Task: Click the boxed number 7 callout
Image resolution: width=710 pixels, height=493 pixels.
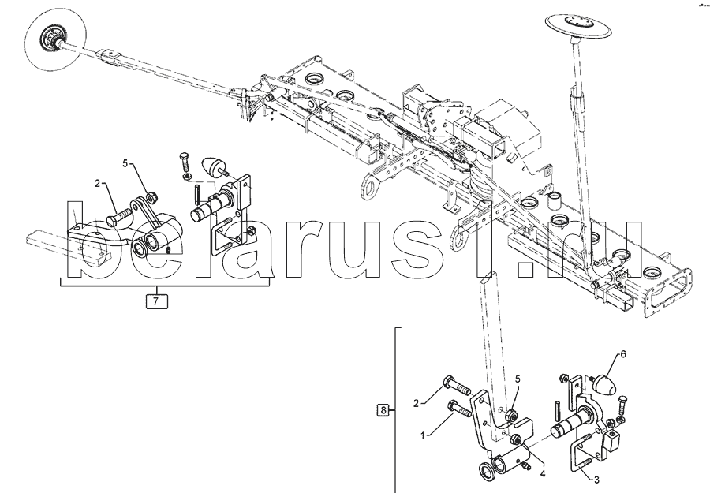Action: coord(156,301)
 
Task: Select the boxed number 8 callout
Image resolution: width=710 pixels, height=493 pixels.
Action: coord(383,410)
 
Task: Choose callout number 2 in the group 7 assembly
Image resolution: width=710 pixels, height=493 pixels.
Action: coord(98,184)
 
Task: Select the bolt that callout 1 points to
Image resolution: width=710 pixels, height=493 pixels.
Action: coord(460,413)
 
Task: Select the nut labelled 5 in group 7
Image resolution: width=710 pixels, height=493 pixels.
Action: coord(151,196)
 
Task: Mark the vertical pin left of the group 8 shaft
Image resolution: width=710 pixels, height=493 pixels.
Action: coord(558,412)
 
